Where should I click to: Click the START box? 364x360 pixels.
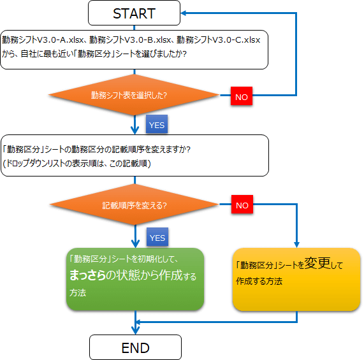pos(134,13)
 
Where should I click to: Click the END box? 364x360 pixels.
pos(135,347)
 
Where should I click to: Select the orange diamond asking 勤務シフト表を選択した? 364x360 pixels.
pos(134,95)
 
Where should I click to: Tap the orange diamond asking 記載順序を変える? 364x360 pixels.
pos(135,205)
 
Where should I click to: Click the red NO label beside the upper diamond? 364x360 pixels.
pos(242,96)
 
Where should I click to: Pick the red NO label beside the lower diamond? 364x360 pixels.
pos(242,205)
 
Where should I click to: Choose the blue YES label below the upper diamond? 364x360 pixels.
pos(157,124)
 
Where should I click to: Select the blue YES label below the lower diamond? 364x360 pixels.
pos(157,237)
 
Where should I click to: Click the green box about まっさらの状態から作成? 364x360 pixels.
pos(135,279)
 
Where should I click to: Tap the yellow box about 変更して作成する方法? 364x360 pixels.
pos(296,279)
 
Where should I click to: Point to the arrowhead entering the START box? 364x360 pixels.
pos(184,13)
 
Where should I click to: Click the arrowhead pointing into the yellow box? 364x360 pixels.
pos(296,245)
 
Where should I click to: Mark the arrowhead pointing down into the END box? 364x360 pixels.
pos(135,331)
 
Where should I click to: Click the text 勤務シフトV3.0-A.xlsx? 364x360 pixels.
pos(43,40)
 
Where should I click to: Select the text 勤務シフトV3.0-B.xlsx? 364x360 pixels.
pos(130,40)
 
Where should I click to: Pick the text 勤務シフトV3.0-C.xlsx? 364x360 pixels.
pos(219,40)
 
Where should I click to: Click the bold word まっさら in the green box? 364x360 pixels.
pos(88,275)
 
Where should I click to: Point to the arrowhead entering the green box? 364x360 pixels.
pos(135,244)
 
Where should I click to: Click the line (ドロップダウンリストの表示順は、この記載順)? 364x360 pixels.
pos(77,164)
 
